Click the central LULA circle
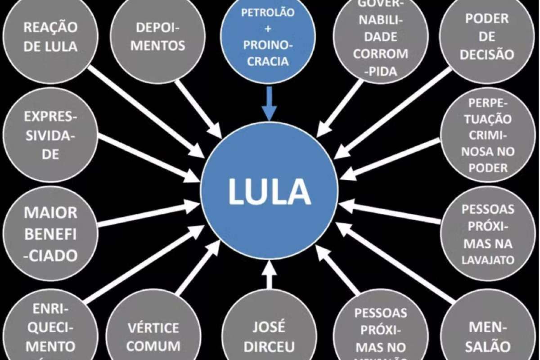(x=269, y=191)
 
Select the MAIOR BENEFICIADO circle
(x=50, y=234)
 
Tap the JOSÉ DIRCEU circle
(x=269, y=335)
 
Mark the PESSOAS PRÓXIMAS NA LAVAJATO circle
(x=488, y=234)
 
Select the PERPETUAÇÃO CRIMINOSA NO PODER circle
(x=488, y=135)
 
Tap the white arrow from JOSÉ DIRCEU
(x=269, y=274)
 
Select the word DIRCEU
(x=269, y=346)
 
